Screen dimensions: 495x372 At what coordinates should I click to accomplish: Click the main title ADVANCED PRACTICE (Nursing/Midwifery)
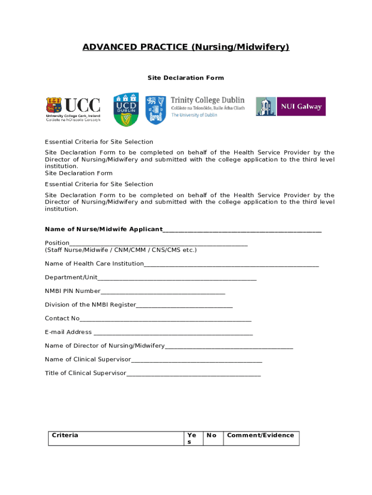click(x=186, y=47)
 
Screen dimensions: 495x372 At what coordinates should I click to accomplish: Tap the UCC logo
click(x=73, y=109)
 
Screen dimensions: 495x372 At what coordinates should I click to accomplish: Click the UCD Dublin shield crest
click(x=126, y=109)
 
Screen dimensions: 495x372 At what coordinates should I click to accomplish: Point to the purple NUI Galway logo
click(x=290, y=106)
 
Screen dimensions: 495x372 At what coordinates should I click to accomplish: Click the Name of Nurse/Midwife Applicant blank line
click(x=242, y=230)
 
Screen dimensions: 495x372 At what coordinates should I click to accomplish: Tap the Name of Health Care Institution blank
click(x=231, y=264)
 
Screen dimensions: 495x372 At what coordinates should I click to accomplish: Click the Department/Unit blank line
click(x=177, y=278)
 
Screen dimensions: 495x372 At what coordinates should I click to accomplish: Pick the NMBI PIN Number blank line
click(x=163, y=292)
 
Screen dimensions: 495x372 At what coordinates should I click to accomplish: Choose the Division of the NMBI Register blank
click(x=184, y=306)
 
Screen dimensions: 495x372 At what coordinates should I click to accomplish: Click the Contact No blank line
click(x=165, y=319)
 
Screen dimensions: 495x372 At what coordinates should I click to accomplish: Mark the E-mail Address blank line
click(x=173, y=333)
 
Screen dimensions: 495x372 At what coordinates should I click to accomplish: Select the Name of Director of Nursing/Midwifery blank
click(x=229, y=347)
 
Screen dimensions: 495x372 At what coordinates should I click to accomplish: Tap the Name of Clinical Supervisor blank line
click(x=197, y=360)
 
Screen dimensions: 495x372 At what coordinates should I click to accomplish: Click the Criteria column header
click(x=65, y=436)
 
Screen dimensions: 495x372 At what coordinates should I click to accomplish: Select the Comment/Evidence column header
click(x=260, y=436)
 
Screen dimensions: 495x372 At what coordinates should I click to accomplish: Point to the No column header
click(x=212, y=436)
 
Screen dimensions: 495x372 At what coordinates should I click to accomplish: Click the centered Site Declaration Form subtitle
click(x=186, y=78)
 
